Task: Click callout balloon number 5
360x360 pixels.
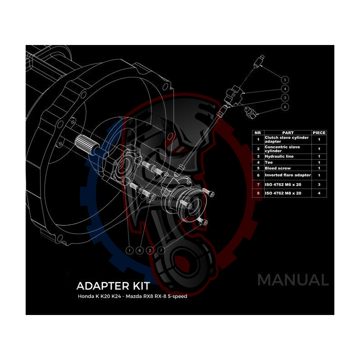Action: click(285, 79)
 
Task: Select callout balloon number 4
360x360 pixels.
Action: click(285, 89)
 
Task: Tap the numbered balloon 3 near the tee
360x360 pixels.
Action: click(285, 98)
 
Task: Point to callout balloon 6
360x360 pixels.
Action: click(285, 107)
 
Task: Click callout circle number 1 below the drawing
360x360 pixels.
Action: click(130, 250)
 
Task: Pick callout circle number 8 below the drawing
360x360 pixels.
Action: click(140, 250)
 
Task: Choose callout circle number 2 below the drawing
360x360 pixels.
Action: click(150, 250)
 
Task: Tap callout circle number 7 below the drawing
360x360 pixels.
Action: click(161, 250)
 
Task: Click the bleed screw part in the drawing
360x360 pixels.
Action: click(258, 60)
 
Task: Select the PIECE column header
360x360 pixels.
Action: click(319, 133)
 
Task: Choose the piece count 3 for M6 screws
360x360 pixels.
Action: click(319, 184)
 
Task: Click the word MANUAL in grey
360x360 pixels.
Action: click(292, 280)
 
